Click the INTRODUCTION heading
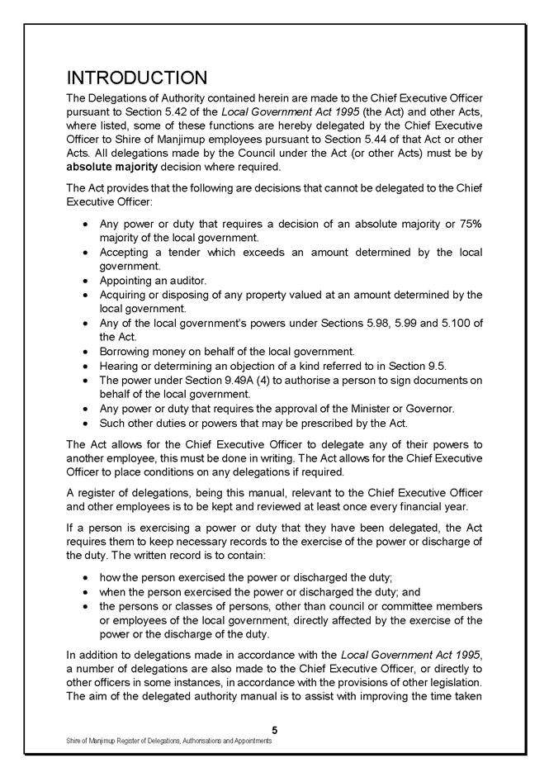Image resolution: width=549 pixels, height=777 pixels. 136,78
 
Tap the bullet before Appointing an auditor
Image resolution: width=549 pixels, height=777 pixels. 88,281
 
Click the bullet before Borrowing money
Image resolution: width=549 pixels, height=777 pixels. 88,351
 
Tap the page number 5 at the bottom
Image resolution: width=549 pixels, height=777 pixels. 274,729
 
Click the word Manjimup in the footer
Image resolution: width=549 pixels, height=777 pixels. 102,741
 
